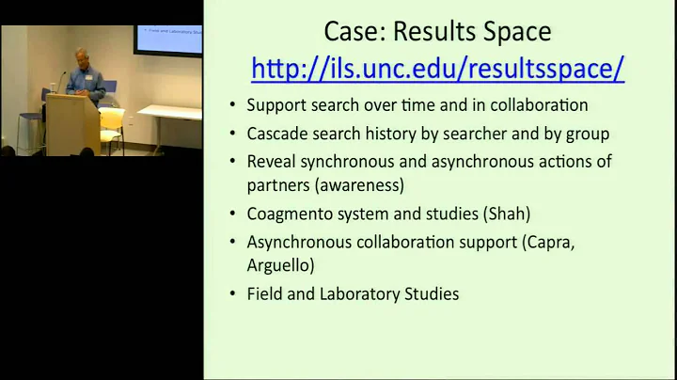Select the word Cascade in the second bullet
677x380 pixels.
click(x=279, y=133)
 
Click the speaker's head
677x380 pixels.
click(x=76, y=57)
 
